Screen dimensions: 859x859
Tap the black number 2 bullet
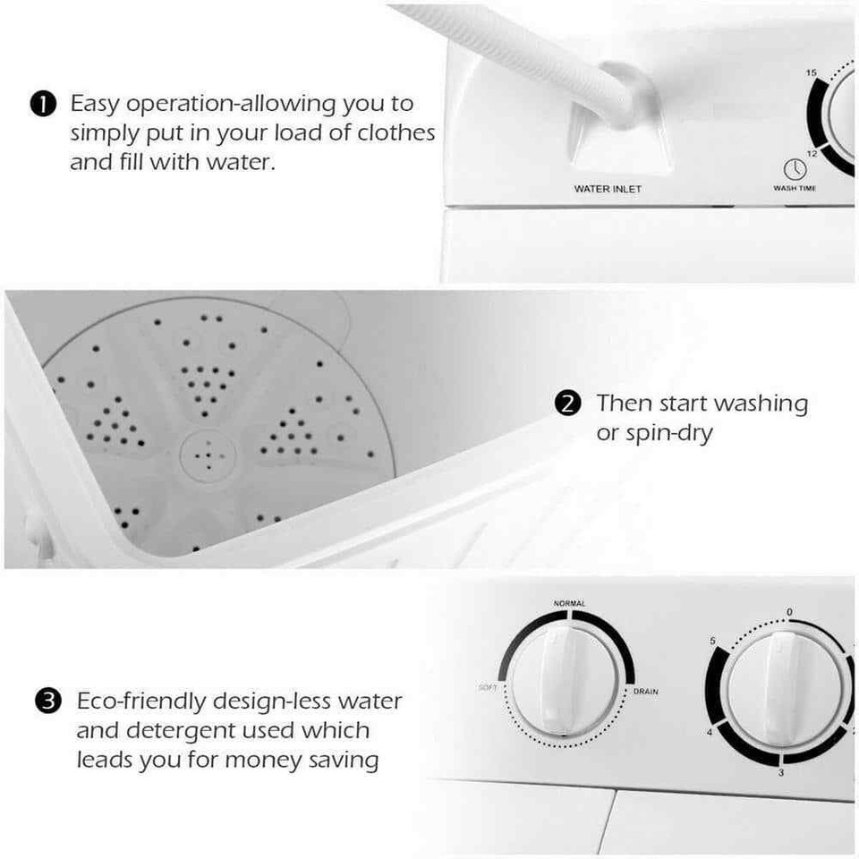567,404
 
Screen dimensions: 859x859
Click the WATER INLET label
608,189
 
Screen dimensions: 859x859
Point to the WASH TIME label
795,188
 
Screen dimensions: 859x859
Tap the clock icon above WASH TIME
795,169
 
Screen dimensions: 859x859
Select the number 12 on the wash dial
812,154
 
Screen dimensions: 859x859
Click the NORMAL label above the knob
569,604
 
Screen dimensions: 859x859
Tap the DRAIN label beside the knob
645,692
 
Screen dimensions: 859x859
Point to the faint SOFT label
488,687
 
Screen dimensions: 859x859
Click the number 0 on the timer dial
788,612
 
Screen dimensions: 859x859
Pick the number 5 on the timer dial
712,642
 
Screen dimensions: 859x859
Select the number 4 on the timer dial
710,733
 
